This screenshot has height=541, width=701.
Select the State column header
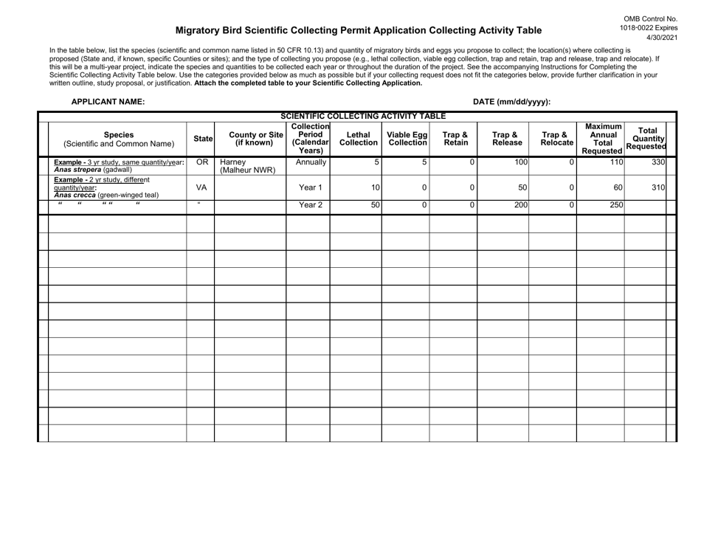point(203,138)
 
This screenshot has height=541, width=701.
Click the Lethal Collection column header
point(356,138)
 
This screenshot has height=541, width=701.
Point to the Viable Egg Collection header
point(405,138)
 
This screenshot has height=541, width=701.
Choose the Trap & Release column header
point(503,138)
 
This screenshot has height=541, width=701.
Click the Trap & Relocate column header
point(553,138)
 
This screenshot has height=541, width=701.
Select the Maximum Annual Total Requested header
point(600,138)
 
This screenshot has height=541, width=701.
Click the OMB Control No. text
point(650,18)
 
